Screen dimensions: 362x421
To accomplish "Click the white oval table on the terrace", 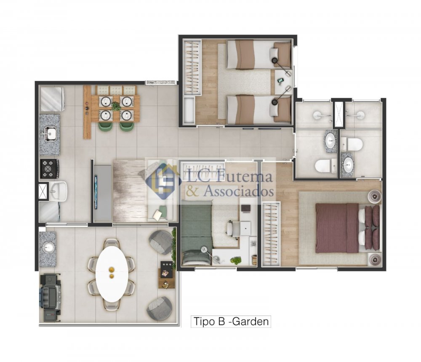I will (112, 274).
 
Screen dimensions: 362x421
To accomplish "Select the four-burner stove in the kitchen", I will (49, 169).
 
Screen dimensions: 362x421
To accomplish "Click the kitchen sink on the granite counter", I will (50, 133).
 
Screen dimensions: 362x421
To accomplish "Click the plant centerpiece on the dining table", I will (115, 106).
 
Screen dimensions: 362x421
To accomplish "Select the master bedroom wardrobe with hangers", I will (271, 234).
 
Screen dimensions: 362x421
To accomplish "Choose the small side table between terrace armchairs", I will (166, 274).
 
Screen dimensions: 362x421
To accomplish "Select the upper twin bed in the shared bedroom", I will (258, 55).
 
